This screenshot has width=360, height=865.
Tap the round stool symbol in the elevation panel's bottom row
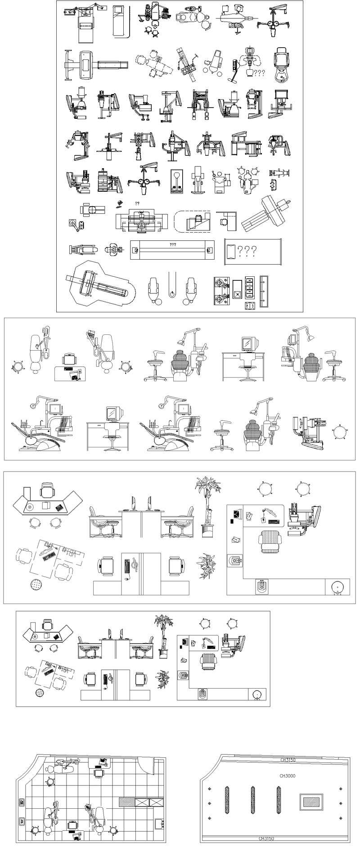click(x=340, y=432)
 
